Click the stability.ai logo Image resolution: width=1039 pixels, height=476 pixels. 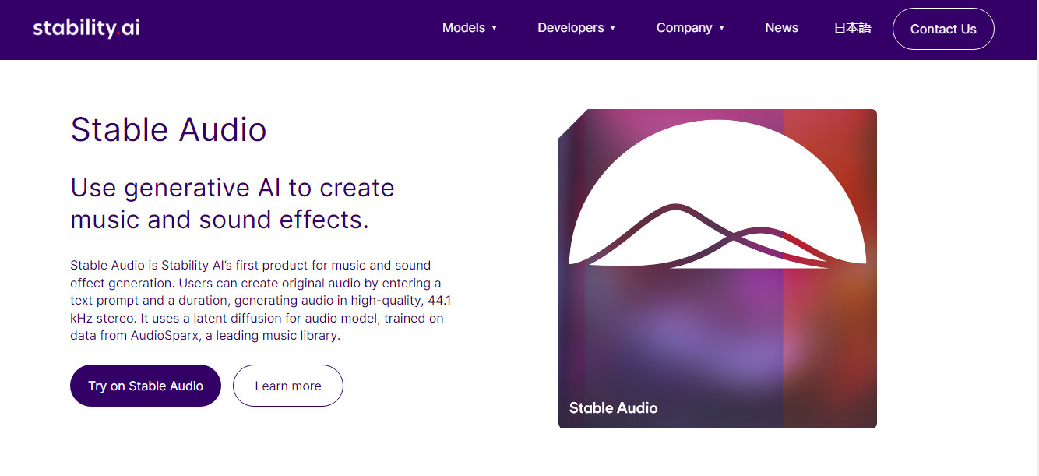pos(86,28)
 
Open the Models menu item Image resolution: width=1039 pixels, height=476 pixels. pos(470,28)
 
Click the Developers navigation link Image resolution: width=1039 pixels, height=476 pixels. pos(576,28)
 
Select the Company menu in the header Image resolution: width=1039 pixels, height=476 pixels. pos(690,28)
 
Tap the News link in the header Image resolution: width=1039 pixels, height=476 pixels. pos(781,28)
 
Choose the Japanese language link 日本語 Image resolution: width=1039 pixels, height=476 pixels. pos(853,28)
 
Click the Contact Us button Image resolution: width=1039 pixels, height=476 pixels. pos(943,29)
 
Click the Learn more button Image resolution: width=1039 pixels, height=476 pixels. pos(288,386)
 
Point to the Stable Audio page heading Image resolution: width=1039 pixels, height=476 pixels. pos(168,129)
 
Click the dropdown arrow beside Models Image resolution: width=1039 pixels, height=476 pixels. pos(495,28)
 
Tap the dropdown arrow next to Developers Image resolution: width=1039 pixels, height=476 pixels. pos(613,28)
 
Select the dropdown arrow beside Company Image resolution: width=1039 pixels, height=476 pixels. pos(722,28)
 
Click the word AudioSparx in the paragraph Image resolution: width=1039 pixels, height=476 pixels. pos(164,336)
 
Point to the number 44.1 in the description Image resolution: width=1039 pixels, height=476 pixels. pos(439,301)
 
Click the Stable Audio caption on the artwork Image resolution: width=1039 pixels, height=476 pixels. pos(613,407)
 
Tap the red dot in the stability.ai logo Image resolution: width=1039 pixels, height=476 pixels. pos(118,33)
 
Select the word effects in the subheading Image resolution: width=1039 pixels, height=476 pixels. pos(324,220)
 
